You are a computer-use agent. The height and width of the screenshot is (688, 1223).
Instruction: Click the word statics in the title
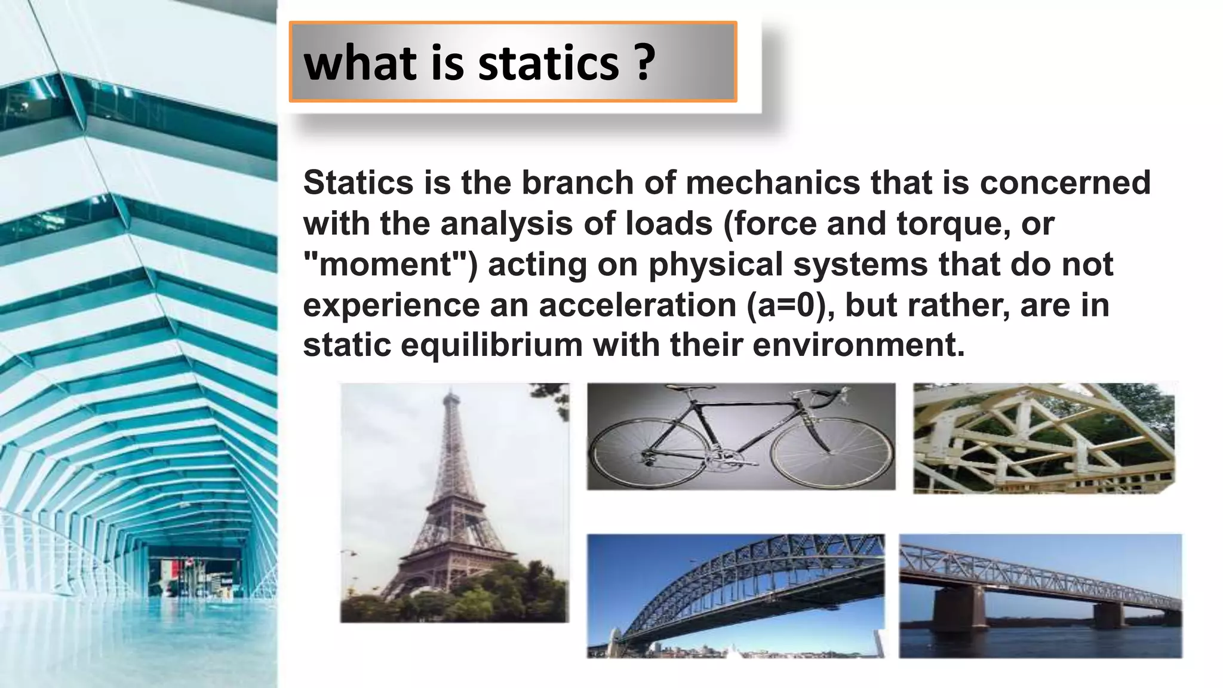click(548, 63)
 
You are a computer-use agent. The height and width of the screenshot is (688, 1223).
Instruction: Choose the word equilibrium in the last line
click(491, 345)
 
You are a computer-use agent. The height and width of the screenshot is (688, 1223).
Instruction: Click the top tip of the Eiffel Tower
click(451, 392)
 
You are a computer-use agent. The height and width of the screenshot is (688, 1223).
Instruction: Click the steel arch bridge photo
click(736, 595)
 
